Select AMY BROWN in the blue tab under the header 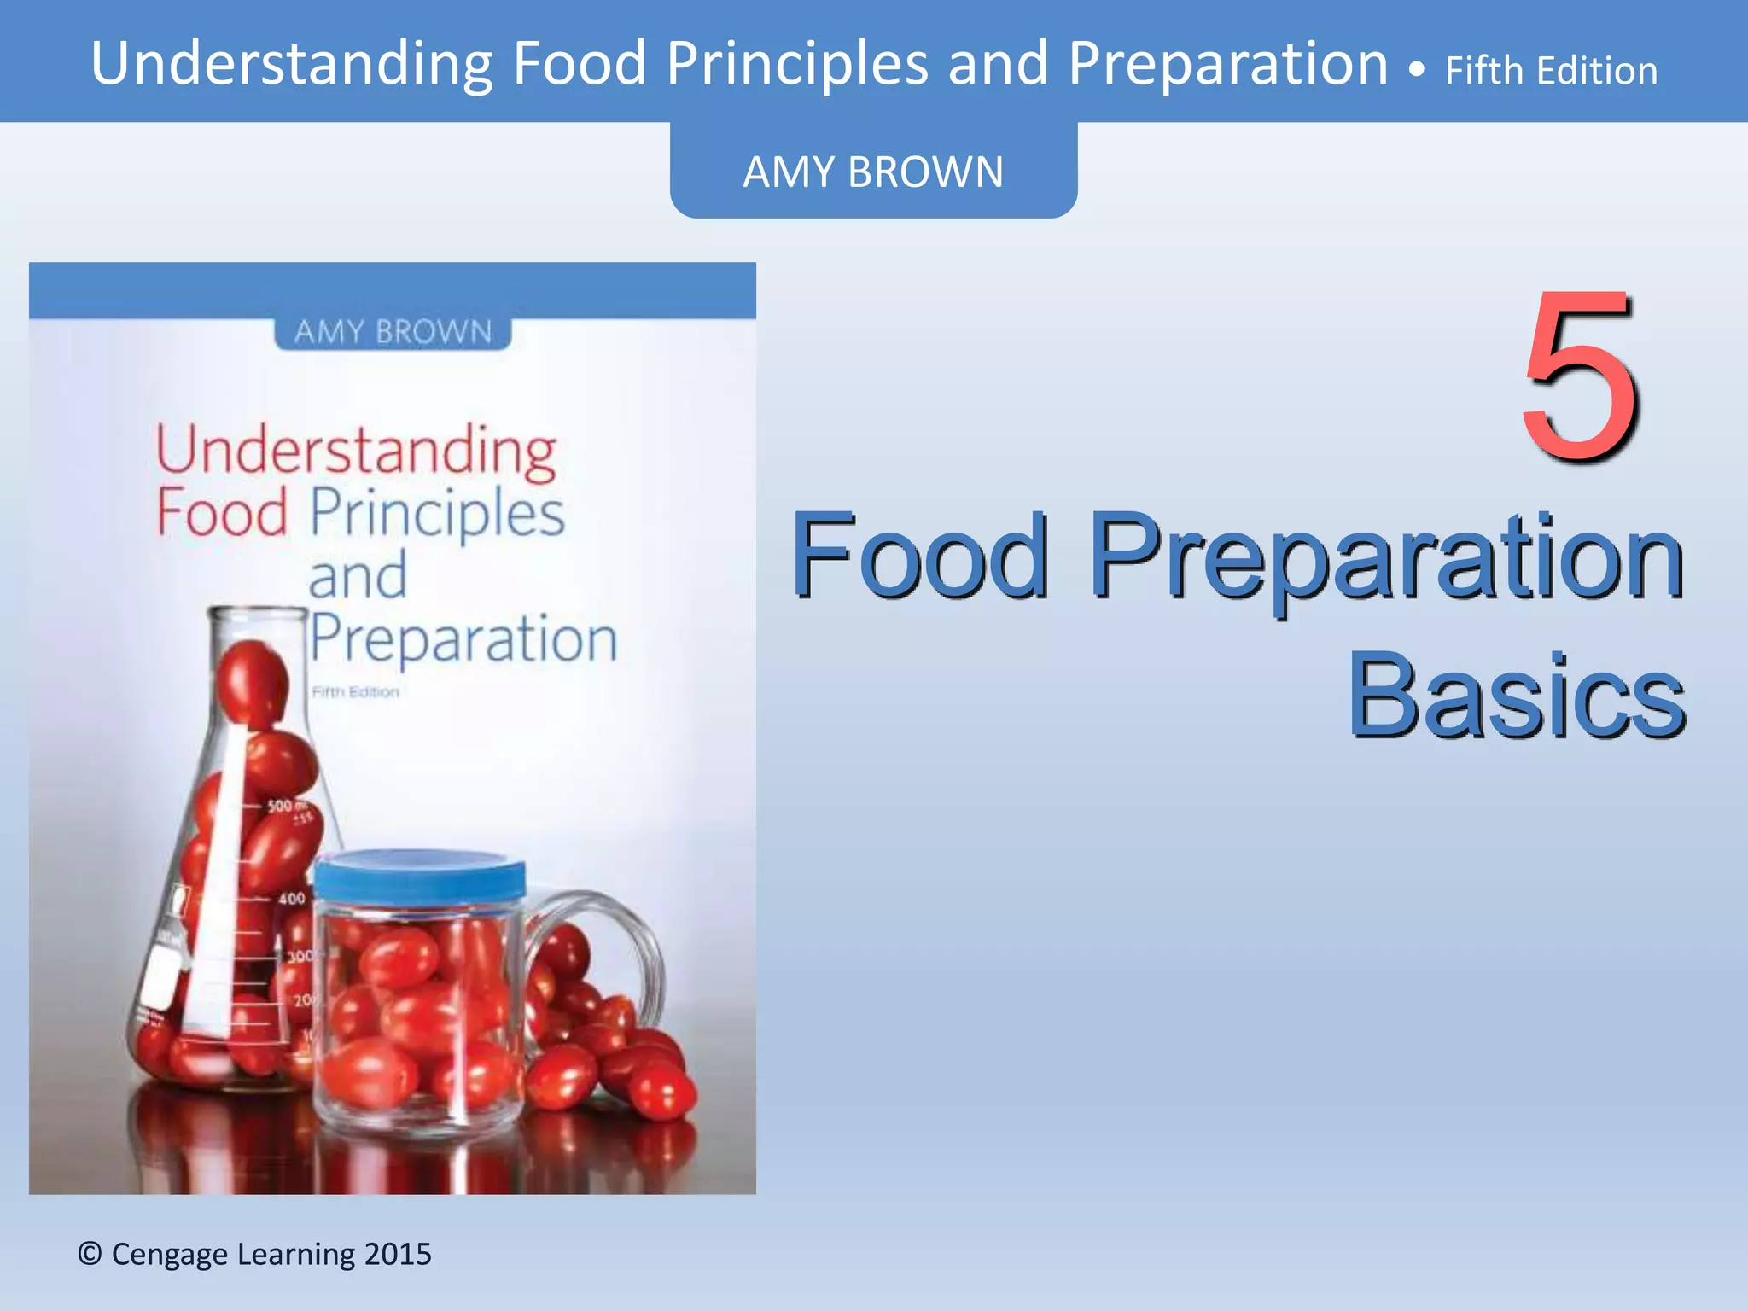pos(872,172)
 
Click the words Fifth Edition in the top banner pos(1551,71)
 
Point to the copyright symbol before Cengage pos(90,1254)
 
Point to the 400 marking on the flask pos(291,898)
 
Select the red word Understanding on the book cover pos(356,450)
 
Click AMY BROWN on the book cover pos(393,331)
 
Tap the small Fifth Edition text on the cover pos(355,692)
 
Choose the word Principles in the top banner pos(797,65)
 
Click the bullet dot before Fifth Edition pos(1417,71)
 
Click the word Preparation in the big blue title pos(1385,556)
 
